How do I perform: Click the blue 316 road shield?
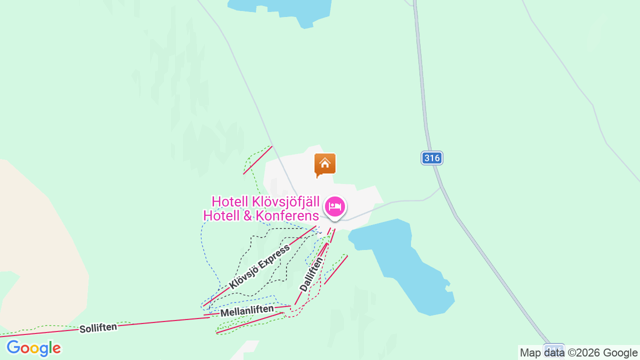click(x=431, y=158)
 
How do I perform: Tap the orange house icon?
click(x=325, y=164)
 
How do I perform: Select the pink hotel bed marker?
click(x=335, y=206)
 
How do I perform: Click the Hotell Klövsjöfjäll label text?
click(x=265, y=201)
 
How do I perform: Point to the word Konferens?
click(x=287, y=216)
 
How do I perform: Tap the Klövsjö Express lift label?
click(x=259, y=267)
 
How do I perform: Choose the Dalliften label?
click(x=311, y=274)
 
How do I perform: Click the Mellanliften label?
click(x=247, y=311)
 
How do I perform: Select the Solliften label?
click(x=98, y=328)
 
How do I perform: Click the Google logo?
click(x=33, y=348)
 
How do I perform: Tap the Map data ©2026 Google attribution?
click(x=578, y=352)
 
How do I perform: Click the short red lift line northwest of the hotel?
click(x=257, y=160)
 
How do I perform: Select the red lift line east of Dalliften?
click(x=335, y=270)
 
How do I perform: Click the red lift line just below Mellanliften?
click(x=250, y=323)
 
